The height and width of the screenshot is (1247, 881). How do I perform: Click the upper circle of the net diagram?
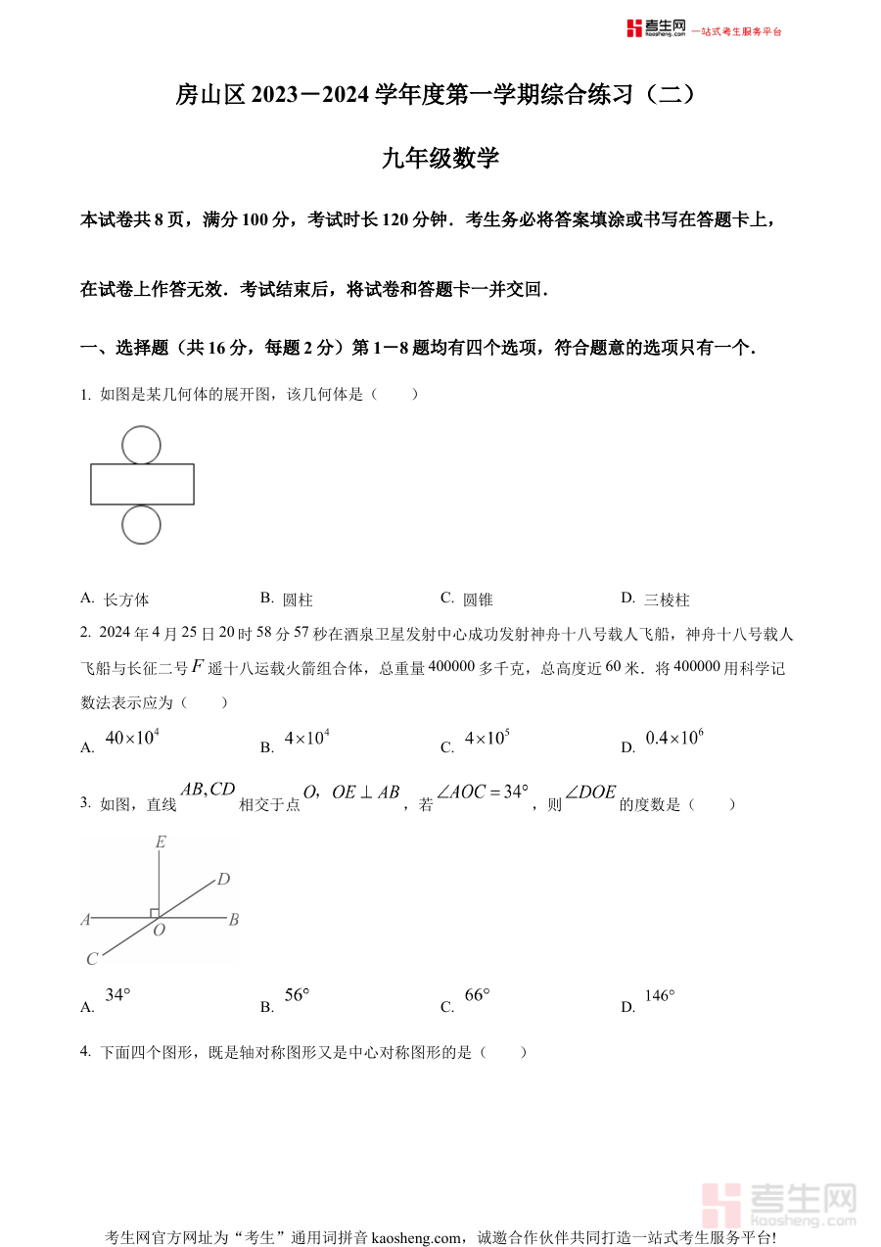click(142, 445)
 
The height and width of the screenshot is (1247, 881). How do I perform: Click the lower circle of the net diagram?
click(142, 525)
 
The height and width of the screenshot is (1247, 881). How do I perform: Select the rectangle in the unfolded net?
click(142, 484)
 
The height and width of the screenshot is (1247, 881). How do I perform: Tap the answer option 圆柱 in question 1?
click(297, 600)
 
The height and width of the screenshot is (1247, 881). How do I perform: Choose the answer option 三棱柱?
click(667, 600)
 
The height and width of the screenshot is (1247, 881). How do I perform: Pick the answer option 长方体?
click(125, 600)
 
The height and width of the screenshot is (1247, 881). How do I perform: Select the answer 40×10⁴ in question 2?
click(132, 739)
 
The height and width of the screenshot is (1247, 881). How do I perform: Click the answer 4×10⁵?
click(487, 739)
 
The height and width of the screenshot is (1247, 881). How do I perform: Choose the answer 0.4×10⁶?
click(674, 739)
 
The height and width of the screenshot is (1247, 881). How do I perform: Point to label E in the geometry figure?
click(161, 841)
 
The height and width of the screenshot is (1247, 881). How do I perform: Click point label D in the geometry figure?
click(223, 880)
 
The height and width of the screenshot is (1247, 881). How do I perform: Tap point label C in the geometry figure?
click(92, 959)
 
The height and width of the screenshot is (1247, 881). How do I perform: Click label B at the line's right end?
click(234, 920)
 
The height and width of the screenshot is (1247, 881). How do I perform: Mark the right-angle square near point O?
click(155, 913)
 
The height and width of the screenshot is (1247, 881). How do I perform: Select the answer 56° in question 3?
click(297, 995)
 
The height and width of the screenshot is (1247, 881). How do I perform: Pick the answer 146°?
click(660, 996)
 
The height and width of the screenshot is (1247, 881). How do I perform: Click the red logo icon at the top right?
click(635, 28)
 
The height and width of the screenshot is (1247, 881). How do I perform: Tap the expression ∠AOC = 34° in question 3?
click(483, 791)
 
